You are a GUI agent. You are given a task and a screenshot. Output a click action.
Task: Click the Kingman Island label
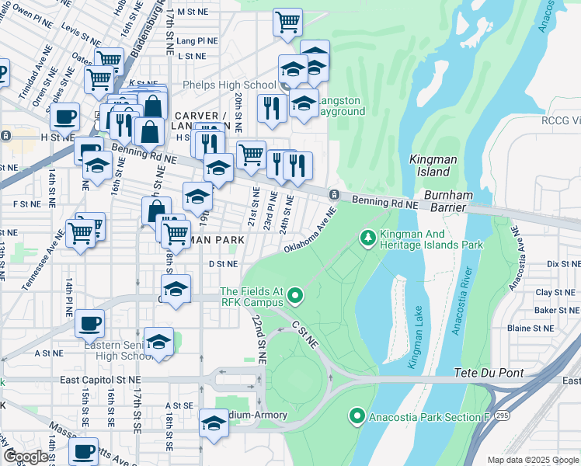(430, 165)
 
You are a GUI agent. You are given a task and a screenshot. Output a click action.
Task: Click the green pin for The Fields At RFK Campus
(294, 294)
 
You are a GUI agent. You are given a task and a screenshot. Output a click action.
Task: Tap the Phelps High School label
(229, 85)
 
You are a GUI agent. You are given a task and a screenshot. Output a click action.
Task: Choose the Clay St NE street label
(554, 293)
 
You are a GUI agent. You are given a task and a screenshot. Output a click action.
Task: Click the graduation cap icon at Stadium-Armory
(214, 423)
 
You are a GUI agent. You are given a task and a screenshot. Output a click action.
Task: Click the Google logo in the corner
(26, 457)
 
